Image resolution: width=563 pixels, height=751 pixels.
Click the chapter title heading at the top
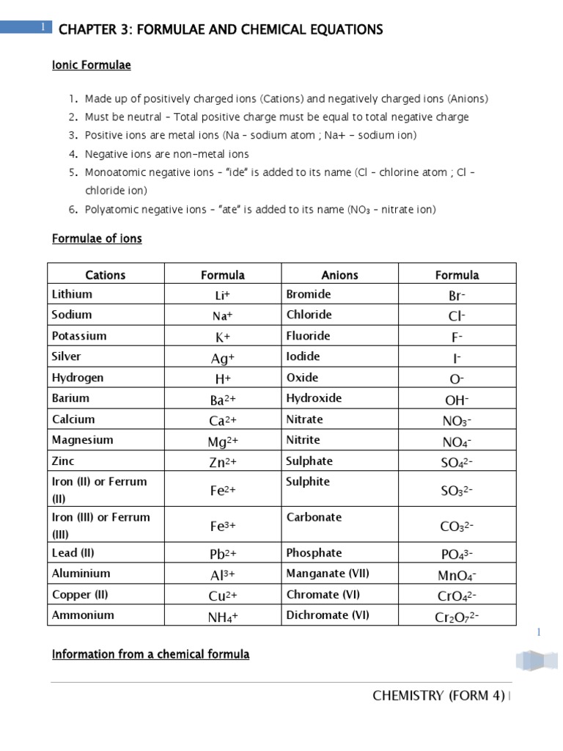tap(220, 30)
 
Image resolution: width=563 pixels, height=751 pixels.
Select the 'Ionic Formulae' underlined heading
tap(91, 66)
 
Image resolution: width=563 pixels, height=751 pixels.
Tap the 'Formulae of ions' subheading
tap(97, 239)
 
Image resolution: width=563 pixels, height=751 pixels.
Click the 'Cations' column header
tap(106, 275)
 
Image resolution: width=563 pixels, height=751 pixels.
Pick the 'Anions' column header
tap(340, 275)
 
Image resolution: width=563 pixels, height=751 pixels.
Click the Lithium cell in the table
tap(73, 294)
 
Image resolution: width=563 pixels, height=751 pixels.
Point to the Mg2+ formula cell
tap(223, 441)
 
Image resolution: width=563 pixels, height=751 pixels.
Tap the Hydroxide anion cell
tap(314, 398)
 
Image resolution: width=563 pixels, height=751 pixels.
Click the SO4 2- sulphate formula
tap(457, 462)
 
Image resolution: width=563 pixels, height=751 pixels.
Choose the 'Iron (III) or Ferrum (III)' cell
tap(100, 524)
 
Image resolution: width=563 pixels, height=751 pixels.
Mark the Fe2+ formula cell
tap(223, 489)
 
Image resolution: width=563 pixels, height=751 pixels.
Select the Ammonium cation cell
tap(83, 615)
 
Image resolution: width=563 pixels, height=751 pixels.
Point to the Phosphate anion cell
tap(314, 553)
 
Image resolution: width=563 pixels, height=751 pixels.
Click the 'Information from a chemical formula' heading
tap(150, 654)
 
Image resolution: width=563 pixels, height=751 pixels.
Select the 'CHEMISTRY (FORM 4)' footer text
tap(438, 696)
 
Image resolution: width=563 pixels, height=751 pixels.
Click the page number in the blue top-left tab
tap(43, 27)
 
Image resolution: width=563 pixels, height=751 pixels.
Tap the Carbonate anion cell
tap(314, 517)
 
